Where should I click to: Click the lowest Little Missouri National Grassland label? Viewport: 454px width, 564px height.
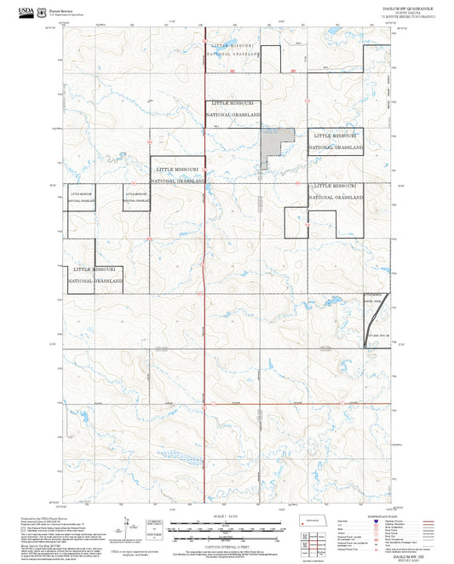(95, 273)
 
